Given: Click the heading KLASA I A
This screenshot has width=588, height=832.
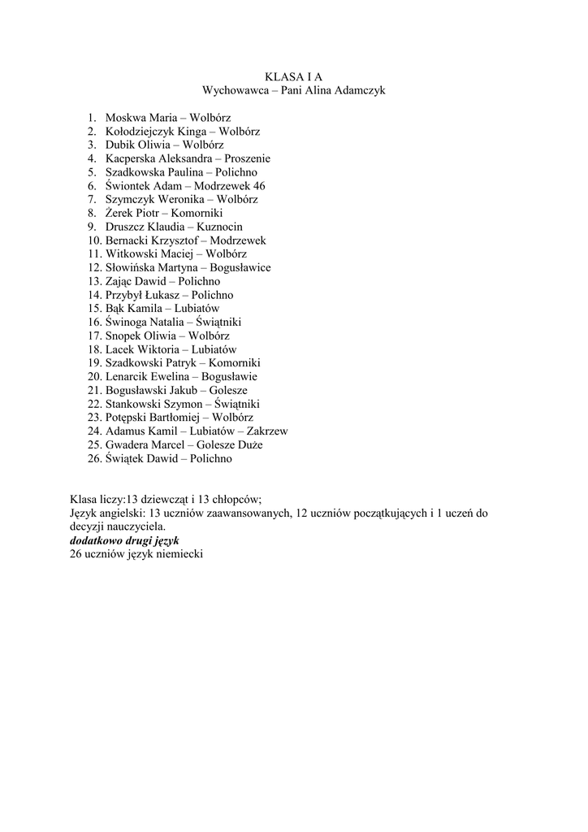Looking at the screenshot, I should pyautogui.click(x=293, y=76).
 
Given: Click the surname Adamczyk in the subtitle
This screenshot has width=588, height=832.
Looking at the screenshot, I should pyautogui.click(x=360, y=90).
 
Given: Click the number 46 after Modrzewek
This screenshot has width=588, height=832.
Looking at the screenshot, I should pyautogui.click(x=258, y=186).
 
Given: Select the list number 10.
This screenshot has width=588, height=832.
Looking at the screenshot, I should pyautogui.click(x=93, y=240).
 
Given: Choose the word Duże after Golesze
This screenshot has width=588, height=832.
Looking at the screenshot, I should pyautogui.click(x=249, y=445).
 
